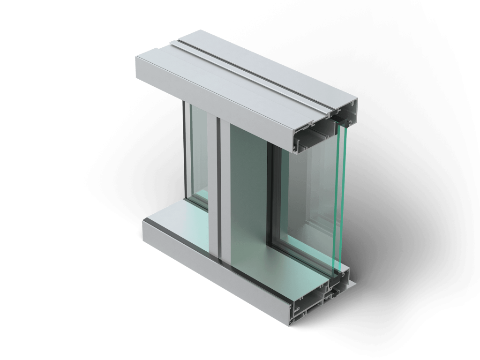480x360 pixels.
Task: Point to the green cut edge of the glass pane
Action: tap(341, 197)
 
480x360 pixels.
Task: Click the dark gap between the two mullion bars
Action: tap(219, 187)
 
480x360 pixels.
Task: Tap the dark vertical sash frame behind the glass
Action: tap(272, 197)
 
